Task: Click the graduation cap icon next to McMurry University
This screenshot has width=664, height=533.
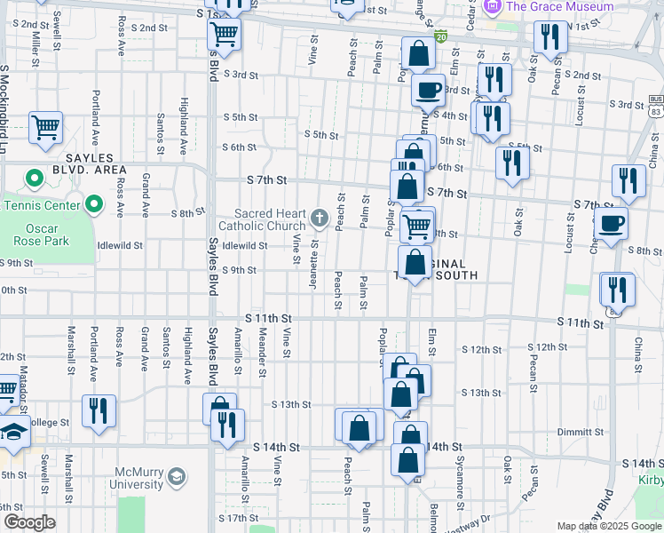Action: [178, 478]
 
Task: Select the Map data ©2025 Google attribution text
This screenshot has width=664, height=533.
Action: [609, 526]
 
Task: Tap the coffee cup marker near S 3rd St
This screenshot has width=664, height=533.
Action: [430, 90]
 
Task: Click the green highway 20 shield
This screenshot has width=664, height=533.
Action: [441, 37]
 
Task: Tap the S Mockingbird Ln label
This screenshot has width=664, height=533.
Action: [4, 98]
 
